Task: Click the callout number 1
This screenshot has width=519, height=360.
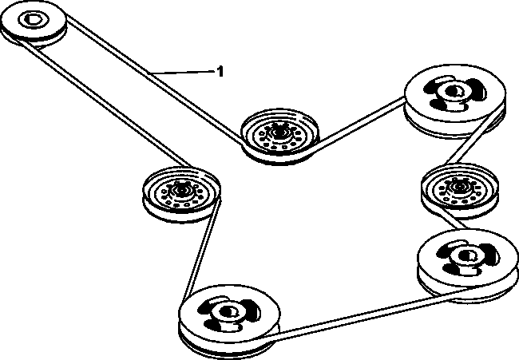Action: pyautogui.click(x=220, y=71)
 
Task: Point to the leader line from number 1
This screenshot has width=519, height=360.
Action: pyautogui.click(x=181, y=71)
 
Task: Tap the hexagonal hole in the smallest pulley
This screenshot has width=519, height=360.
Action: pyautogui.click(x=33, y=19)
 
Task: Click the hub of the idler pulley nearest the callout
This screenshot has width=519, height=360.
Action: pyautogui.click(x=279, y=133)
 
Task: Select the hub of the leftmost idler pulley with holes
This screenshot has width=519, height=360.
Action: pyautogui.click(x=181, y=191)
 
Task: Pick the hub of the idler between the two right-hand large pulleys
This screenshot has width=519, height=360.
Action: pyautogui.click(x=459, y=188)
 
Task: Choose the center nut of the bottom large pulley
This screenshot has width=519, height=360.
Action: pyautogui.click(x=227, y=311)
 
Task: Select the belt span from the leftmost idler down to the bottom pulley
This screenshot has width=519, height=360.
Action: pyautogui.click(x=200, y=251)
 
